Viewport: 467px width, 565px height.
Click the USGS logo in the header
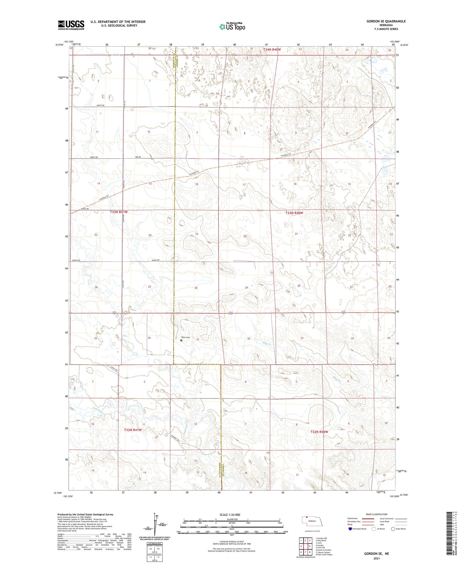(71, 25)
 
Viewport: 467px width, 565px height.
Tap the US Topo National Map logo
(232, 27)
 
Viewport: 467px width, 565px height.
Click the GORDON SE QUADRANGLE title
(386, 21)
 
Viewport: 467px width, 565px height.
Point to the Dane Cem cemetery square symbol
(182, 340)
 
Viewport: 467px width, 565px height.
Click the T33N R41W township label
(119, 212)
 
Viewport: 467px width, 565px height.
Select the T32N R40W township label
(319, 432)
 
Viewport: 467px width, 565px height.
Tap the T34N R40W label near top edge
(272, 50)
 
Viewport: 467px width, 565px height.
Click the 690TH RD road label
(100, 106)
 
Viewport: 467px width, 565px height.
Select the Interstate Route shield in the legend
(350, 529)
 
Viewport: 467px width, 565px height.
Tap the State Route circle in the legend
(393, 529)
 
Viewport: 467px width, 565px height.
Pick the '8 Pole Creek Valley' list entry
(324, 555)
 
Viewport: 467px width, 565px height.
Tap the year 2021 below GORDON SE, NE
(377, 558)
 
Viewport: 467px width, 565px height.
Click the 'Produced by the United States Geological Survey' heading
(85, 515)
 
